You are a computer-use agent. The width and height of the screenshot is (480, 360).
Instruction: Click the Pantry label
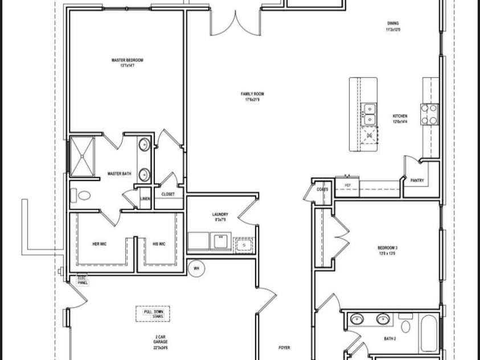pos(417,181)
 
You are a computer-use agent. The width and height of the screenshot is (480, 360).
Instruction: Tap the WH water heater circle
pos(196,268)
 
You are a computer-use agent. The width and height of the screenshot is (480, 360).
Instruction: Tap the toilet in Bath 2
pos(405,326)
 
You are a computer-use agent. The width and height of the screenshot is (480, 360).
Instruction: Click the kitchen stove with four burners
pos(429,114)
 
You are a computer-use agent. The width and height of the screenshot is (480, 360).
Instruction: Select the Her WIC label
pos(99,244)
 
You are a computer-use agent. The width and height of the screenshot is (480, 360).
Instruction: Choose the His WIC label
pos(159,244)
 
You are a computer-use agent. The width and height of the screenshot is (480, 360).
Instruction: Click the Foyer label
pos(284,347)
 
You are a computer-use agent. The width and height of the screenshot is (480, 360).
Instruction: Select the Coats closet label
pos(322,189)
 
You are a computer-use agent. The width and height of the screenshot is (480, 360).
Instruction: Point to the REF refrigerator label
pos(347,185)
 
